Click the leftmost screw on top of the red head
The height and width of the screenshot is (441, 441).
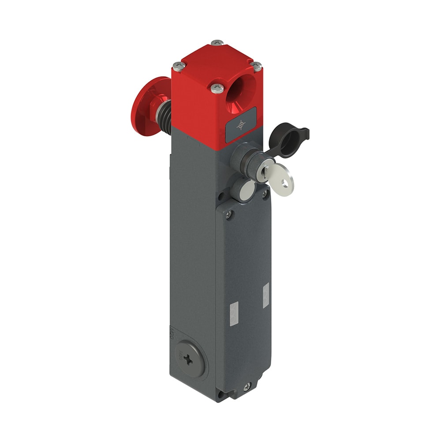(178, 66)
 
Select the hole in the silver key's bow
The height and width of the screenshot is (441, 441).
(287, 182)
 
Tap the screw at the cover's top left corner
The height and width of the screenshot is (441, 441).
(228, 215)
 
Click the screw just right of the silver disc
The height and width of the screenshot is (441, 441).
(265, 193)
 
